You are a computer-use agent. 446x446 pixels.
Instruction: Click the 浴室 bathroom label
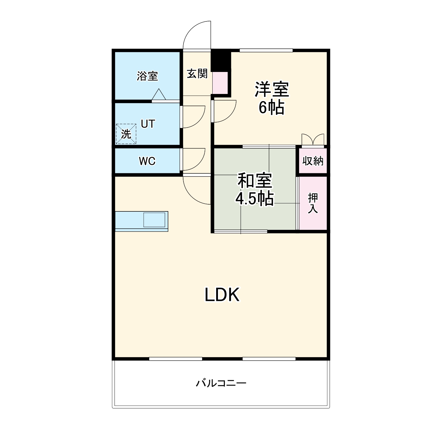point(147,76)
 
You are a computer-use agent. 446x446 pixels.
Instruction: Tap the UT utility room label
point(148,124)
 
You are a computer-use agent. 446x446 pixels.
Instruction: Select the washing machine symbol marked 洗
point(126,134)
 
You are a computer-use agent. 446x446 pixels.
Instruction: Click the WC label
point(147,161)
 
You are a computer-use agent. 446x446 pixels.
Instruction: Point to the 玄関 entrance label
point(197,73)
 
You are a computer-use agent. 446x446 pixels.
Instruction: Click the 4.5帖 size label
point(255,199)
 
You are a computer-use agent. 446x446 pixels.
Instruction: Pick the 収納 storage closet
point(313,161)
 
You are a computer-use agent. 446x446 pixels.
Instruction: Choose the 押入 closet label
point(313,203)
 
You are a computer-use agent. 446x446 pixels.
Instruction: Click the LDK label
point(222,295)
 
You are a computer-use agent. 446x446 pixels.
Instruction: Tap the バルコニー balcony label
point(221,383)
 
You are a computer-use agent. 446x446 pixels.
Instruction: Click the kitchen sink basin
point(154,220)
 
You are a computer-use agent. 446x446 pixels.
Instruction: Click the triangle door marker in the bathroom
point(158,95)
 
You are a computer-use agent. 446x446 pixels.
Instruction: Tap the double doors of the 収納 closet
point(312,140)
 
